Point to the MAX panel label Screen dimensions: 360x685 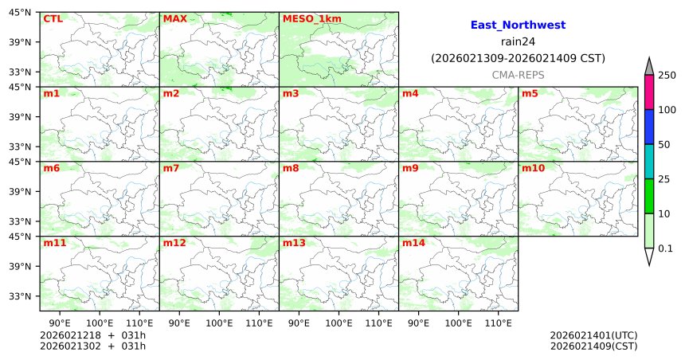(174, 18)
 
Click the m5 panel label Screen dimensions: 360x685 (530, 94)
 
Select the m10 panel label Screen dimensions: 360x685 (533, 168)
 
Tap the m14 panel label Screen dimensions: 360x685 (413, 243)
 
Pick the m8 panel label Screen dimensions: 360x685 (291, 168)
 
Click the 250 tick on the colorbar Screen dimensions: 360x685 (667, 75)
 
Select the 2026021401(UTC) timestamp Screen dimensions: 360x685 (593, 335)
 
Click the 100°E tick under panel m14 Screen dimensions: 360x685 (458, 323)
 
